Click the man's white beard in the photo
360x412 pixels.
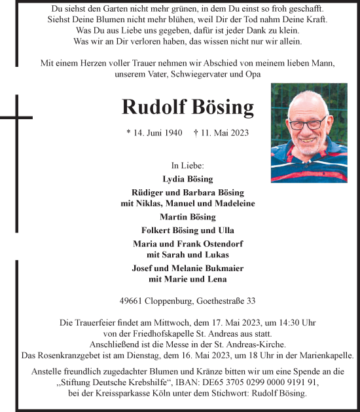coord(308,148)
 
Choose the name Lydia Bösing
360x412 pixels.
coord(187,179)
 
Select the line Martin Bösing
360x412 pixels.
coord(187,217)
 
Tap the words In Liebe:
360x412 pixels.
coord(187,165)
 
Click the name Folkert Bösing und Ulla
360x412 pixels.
coord(187,230)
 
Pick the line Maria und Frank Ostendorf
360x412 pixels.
coord(187,244)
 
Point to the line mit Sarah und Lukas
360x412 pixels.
coord(187,254)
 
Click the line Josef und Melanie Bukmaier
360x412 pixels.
coord(187,268)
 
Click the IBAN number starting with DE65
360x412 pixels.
coord(266,382)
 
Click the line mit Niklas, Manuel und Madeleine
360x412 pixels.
coord(187,203)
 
